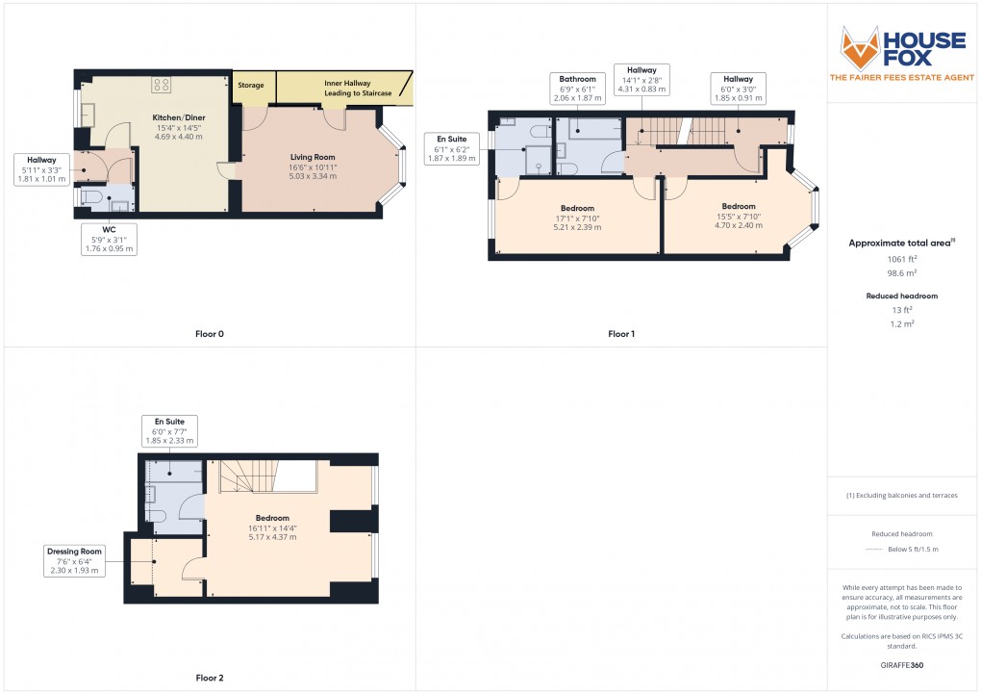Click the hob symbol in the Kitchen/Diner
pos(160,85)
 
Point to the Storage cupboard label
pos(251,86)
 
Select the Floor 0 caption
pos(209,334)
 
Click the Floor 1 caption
pos(621,334)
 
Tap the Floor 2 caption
pos(209,678)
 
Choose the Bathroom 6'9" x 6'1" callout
pos(578,88)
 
